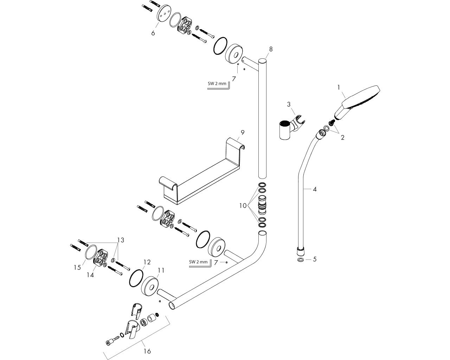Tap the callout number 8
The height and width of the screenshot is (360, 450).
coord(270,49)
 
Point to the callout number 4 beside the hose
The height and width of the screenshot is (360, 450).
coord(315,189)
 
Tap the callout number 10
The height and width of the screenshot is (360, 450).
coord(243,205)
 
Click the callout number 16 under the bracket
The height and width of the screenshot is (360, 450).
coord(147,351)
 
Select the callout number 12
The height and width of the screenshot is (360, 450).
coord(147,262)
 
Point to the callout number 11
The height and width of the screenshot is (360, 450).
coord(161,270)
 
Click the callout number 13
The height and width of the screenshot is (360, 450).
coord(121,240)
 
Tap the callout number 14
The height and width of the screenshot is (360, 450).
coord(90,275)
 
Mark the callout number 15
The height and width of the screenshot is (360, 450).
coord(77,268)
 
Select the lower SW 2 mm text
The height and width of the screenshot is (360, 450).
coord(198,262)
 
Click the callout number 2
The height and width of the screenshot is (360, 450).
coord(342,137)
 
